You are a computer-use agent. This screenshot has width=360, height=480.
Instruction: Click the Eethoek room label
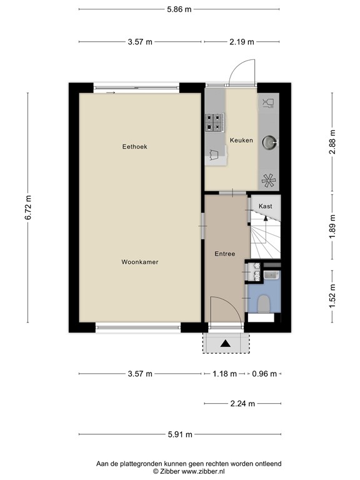[135, 147]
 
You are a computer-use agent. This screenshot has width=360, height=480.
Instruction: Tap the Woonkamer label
[140, 262]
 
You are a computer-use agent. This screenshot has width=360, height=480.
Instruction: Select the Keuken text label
[241, 140]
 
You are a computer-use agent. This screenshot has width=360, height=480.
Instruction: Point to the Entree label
[225, 254]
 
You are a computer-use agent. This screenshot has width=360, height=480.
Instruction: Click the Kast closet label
[266, 206]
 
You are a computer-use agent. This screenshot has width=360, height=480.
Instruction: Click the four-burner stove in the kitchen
[214, 122]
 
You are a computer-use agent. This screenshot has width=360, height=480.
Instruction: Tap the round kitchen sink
[269, 142]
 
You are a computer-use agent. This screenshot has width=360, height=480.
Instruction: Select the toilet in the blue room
[263, 304]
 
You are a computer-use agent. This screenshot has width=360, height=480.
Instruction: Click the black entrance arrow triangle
[226, 344]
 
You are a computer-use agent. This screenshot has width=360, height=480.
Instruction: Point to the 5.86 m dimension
[179, 9]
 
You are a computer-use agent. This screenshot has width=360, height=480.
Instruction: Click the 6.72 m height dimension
[28, 207]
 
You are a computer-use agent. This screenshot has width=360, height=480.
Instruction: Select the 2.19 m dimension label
[242, 42]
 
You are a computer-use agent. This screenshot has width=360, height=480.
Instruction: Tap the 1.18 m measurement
[225, 374]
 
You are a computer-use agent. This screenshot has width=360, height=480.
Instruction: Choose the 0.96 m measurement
[264, 374]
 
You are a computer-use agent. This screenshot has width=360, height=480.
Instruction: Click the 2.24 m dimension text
[242, 404]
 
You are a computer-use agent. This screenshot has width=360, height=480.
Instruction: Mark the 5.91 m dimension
[180, 434]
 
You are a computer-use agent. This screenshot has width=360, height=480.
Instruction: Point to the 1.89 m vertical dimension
[332, 226]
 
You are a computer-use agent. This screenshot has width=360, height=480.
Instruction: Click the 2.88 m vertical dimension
[332, 142]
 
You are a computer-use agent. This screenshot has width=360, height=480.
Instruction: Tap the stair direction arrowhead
[266, 218]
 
